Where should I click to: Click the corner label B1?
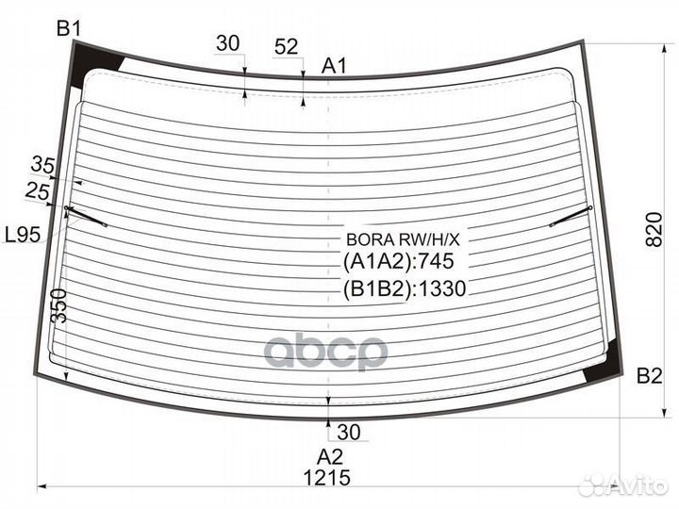(x=69, y=29)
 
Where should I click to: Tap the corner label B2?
(x=650, y=376)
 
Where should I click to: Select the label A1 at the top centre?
(x=334, y=66)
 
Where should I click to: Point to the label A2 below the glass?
(x=330, y=457)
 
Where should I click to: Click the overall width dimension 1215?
(x=327, y=478)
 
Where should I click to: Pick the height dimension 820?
(x=654, y=230)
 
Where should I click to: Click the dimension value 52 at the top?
(x=287, y=46)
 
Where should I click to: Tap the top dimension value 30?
(x=228, y=43)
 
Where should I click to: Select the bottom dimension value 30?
(x=349, y=432)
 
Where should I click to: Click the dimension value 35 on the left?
(x=42, y=165)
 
